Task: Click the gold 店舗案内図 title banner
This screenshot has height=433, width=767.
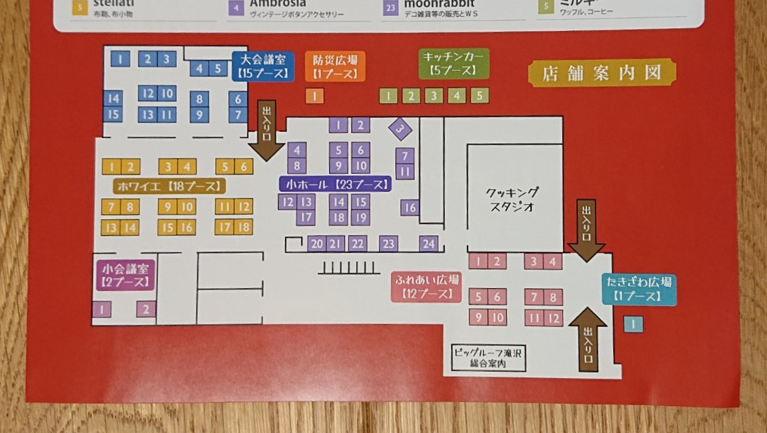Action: click(x=601, y=72)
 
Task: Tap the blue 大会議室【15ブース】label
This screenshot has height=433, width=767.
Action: click(x=260, y=66)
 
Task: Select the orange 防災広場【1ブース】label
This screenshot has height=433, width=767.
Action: click(x=335, y=67)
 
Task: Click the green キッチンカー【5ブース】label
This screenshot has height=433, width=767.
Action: click(x=455, y=64)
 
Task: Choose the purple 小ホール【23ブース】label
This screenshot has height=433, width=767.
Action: click(x=335, y=184)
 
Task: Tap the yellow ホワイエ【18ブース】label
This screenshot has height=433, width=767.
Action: click(x=169, y=185)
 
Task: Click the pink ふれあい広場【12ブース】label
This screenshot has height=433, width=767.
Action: click(x=426, y=286)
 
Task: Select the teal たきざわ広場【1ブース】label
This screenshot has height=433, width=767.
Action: click(x=639, y=289)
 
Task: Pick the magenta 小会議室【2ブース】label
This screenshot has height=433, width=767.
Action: click(x=124, y=275)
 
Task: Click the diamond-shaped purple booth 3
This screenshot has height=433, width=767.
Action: click(x=400, y=128)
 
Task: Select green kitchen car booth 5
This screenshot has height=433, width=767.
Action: click(x=479, y=96)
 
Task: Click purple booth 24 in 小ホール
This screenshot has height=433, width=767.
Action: click(x=429, y=243)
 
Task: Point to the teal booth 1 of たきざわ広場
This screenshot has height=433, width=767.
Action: click(x=632, y=324)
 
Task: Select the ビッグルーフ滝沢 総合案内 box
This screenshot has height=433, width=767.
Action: click(x=488, y=357)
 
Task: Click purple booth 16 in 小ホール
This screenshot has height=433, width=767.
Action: click(x=410, y=207)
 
